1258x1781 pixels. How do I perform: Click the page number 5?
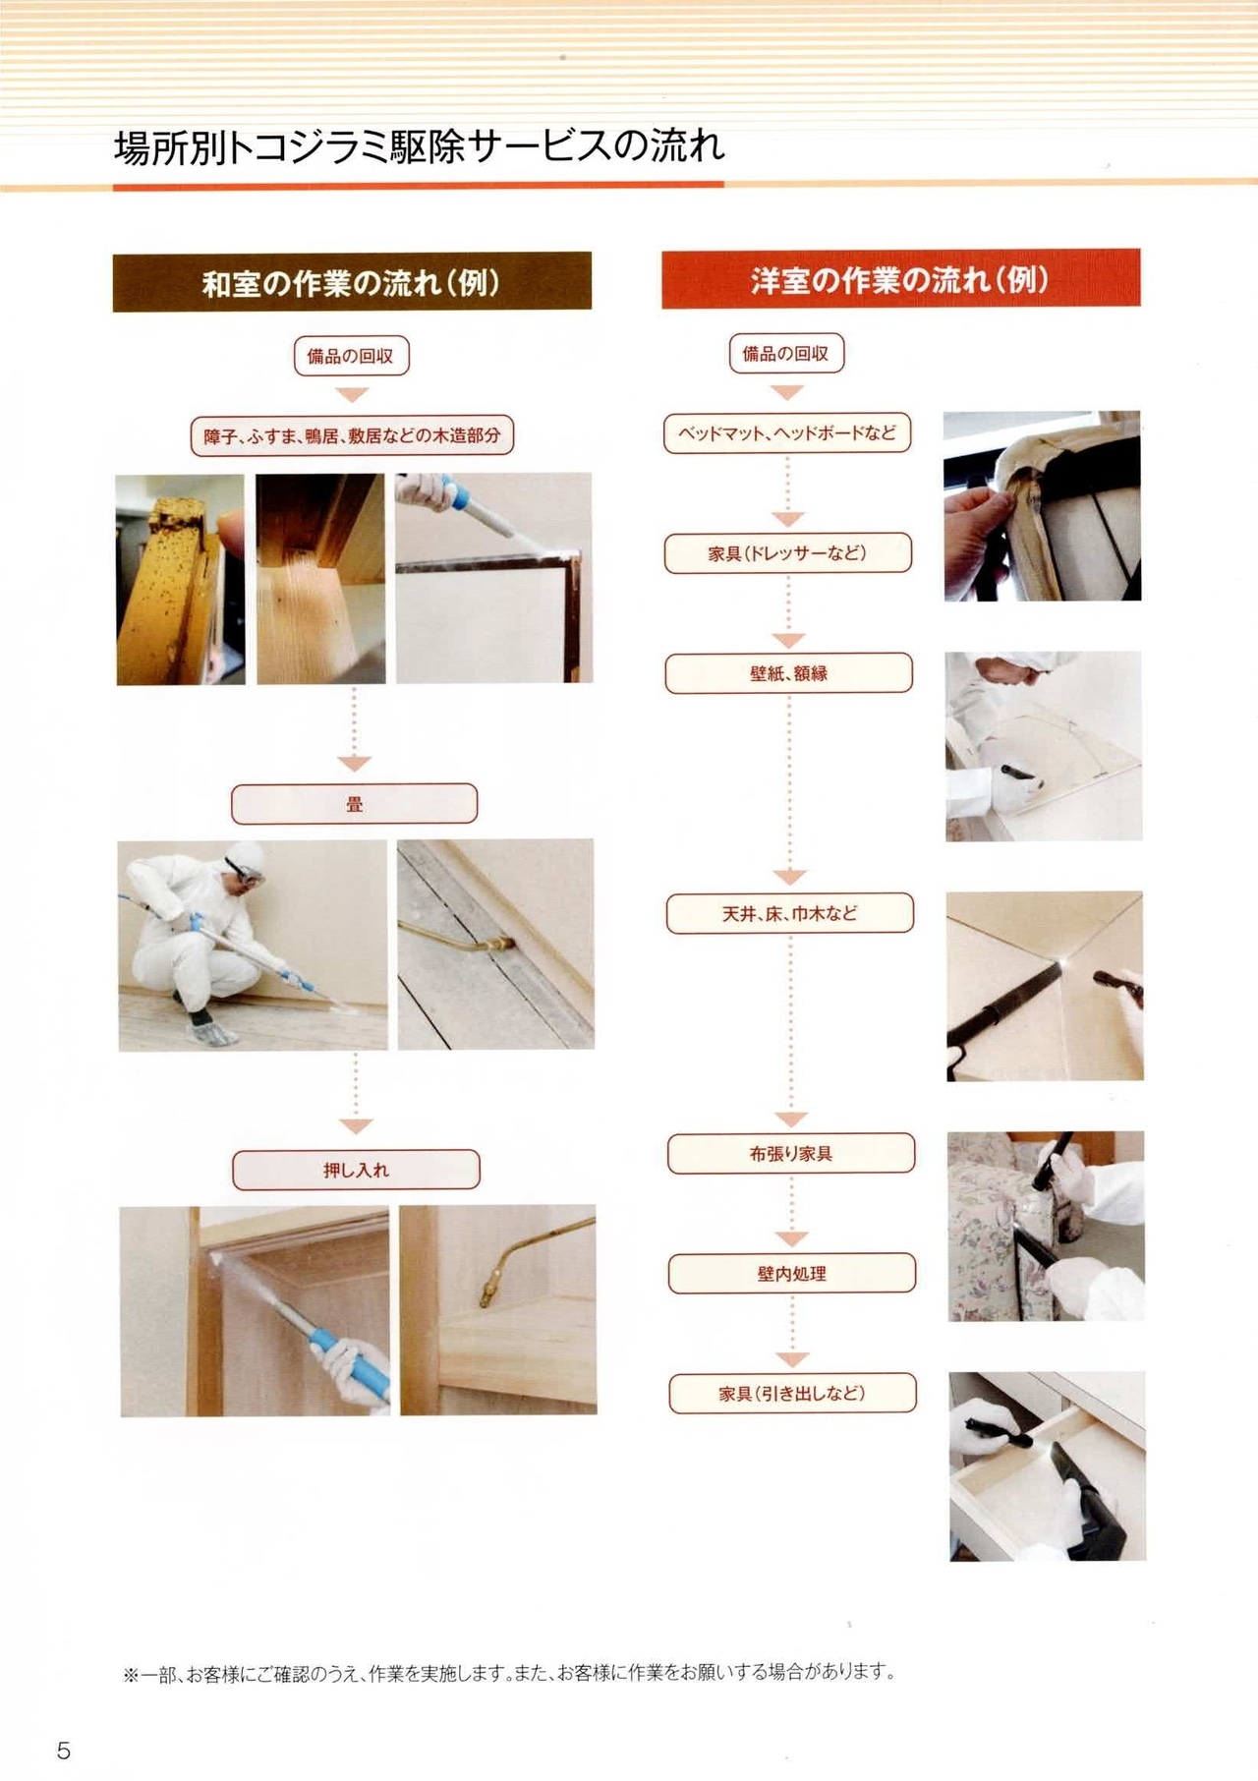pyautogui.click(x=64, y=1750)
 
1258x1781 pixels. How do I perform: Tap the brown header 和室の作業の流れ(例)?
pyautogui.click(x=352, y=282)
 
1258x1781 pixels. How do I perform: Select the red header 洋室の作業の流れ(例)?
pyautogui.click(x=900, y=279)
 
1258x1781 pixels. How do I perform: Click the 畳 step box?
pyautogui.click(x=354, y=804)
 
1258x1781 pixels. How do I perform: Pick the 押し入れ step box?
pyautogui.click(x=356, y=1170)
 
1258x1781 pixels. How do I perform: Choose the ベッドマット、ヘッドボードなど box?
pyautogui.click(x=787, y=432)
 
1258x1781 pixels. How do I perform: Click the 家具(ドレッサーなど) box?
pyautogui.click(x=788, y=553)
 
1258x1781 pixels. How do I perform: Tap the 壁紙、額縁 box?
pyautogui.click(x=789, y=673)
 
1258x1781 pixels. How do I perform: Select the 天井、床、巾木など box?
pyautogui.click(x=790, y=913)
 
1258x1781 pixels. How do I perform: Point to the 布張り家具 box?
pyautogui.click(x=791, y=1153)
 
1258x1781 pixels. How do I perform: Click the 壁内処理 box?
pyautogui.click(x=792, y=1273)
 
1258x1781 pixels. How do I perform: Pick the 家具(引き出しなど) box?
pyautogui.click(x=793, y=1393)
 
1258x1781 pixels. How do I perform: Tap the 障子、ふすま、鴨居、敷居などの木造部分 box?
pyautogui.click(x=352, y=435)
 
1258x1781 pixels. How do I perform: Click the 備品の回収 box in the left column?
pyautogui.click(x=351, y=356)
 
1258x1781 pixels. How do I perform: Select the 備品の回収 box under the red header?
pyautogui.click(x=786, y=353)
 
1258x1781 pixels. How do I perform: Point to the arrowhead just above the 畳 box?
pyautogui.click(x=354, y=764)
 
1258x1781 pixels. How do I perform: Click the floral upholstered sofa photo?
pyautogui.click(x=1046, y=1226)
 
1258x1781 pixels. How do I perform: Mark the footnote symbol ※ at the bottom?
pyautogui.click(x=131, y=1675)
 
